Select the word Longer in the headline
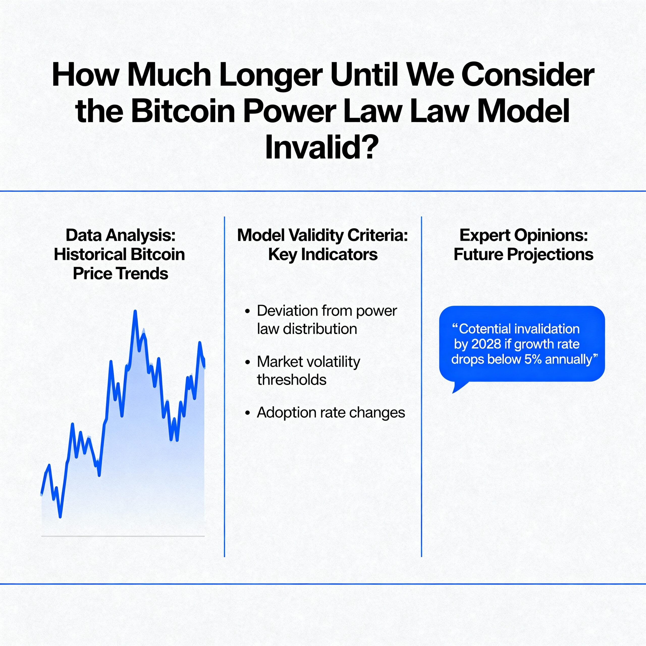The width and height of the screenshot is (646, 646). point(271,75)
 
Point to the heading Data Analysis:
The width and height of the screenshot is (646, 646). point(120,235)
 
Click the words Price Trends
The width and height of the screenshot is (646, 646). point(120,273)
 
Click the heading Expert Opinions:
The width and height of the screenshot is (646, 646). point(523,235)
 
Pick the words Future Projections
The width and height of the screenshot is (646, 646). point(523,254)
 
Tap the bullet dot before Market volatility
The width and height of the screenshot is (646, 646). point(248,362)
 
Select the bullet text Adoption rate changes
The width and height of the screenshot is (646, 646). point(331,413)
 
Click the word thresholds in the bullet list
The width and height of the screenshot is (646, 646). point(291,380)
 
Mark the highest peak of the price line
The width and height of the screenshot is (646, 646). point(135,311)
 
